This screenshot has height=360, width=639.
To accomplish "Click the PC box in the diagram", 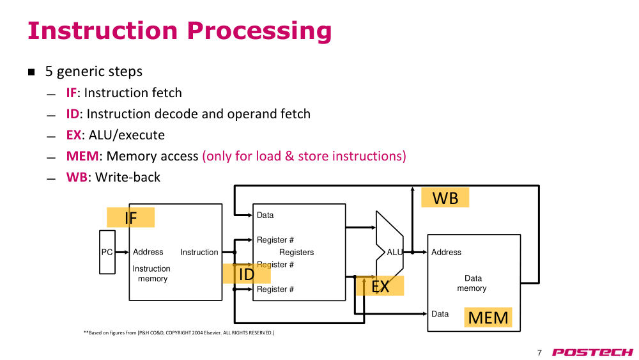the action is [x=107, y=252].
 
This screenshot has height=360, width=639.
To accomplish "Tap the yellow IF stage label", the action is [x=130, y=217].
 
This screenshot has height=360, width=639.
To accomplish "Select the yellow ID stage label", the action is [x=247, y=274].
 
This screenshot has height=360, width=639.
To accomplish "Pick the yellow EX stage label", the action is [x=380, y=286].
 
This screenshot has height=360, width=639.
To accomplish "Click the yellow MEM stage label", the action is [x=488, y=317].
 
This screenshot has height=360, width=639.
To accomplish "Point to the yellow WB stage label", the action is [x=445, y=198].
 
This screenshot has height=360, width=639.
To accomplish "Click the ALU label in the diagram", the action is [x=394, y=253].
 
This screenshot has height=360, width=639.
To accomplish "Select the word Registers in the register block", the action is [x=296, y=253].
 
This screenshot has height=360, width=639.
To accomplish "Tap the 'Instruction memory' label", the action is [x=151, y=274].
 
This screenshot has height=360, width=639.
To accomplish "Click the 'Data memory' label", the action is [x=472, y=283].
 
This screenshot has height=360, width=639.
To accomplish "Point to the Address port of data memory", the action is [x=446, y=253].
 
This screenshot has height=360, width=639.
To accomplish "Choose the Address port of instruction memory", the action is [x=148, y=252].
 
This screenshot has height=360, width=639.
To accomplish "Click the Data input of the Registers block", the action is [x=265, y=215].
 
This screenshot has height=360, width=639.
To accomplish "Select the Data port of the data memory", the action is [x=440, y=314].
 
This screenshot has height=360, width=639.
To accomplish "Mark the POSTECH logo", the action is [x=592, y=352].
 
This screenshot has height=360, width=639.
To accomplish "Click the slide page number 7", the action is [x=539, y=353].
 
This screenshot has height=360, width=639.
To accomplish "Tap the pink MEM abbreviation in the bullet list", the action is [x=82, y=156].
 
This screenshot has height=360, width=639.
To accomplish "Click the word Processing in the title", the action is [x=259, y=31].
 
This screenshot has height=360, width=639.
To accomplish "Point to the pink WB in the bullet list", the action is [x=77, y=177].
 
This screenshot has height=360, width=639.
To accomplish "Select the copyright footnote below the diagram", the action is [x=179, y=333].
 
